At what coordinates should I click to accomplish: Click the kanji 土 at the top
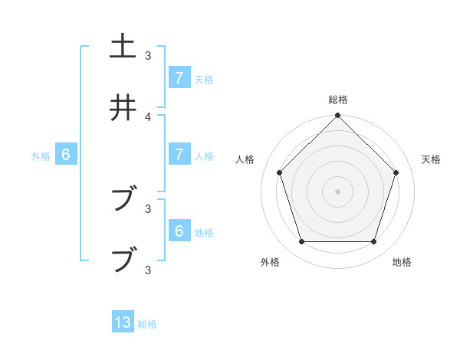(123, 46)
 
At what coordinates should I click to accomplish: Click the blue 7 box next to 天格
(179, 77)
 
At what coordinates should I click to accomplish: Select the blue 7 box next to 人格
(179, 155)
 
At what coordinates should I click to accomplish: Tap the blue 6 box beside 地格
(179, 231)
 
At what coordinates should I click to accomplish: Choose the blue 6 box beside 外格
(66, 155)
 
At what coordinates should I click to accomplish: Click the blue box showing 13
(123, 322)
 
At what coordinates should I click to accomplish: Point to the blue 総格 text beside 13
(147, 324)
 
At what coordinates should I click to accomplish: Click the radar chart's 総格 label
(338, 100)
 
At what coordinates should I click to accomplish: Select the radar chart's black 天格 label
(431, 159)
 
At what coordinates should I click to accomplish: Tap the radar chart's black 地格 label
(402, 262)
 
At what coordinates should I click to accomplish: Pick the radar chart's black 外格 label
(270, 262)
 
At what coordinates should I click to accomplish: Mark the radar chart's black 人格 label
(245, 159)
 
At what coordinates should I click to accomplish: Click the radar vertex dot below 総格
(338, 116)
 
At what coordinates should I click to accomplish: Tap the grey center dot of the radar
(338, 191)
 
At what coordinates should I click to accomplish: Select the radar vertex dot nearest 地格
(374, 242)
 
